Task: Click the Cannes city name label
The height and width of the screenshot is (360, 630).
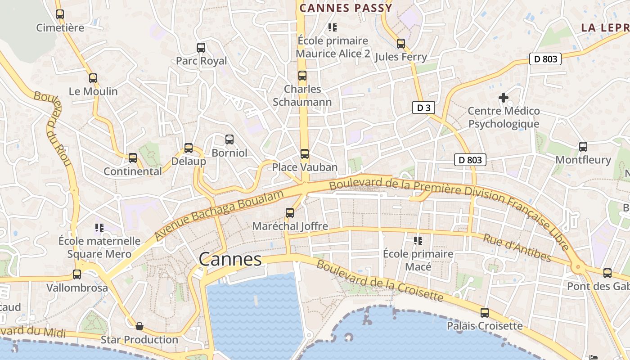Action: [230, 259]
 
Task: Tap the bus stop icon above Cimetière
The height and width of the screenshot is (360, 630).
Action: [60, 14]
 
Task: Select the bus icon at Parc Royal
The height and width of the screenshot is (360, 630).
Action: [201, 47]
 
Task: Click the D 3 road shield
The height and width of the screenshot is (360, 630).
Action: [423, 108]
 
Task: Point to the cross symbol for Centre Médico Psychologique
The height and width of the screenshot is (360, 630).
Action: [504, 97]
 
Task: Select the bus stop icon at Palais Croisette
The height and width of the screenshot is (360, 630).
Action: [485, 312]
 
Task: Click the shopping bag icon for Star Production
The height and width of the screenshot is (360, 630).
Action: [139, 326]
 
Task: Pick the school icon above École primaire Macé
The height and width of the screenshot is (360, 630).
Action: [418, 241]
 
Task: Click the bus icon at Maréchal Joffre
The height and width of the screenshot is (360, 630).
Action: [290, 212]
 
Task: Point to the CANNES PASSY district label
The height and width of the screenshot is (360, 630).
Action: [346, 8]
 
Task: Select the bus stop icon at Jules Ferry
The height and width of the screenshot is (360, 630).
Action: [400, 44]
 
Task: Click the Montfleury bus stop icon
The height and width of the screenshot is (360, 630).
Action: [583, 146]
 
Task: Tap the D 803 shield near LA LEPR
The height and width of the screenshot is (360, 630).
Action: [545, 59]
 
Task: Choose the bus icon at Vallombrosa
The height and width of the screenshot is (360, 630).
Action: [77, 274]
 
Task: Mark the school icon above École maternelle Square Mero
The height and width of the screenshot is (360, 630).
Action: [99, 228]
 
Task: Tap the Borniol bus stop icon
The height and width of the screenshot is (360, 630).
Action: [229, 139]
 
